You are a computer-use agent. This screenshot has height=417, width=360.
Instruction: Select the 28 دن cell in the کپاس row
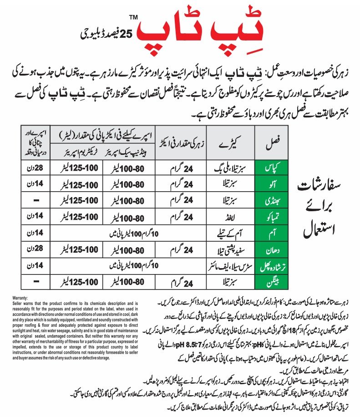pos(34,167)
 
